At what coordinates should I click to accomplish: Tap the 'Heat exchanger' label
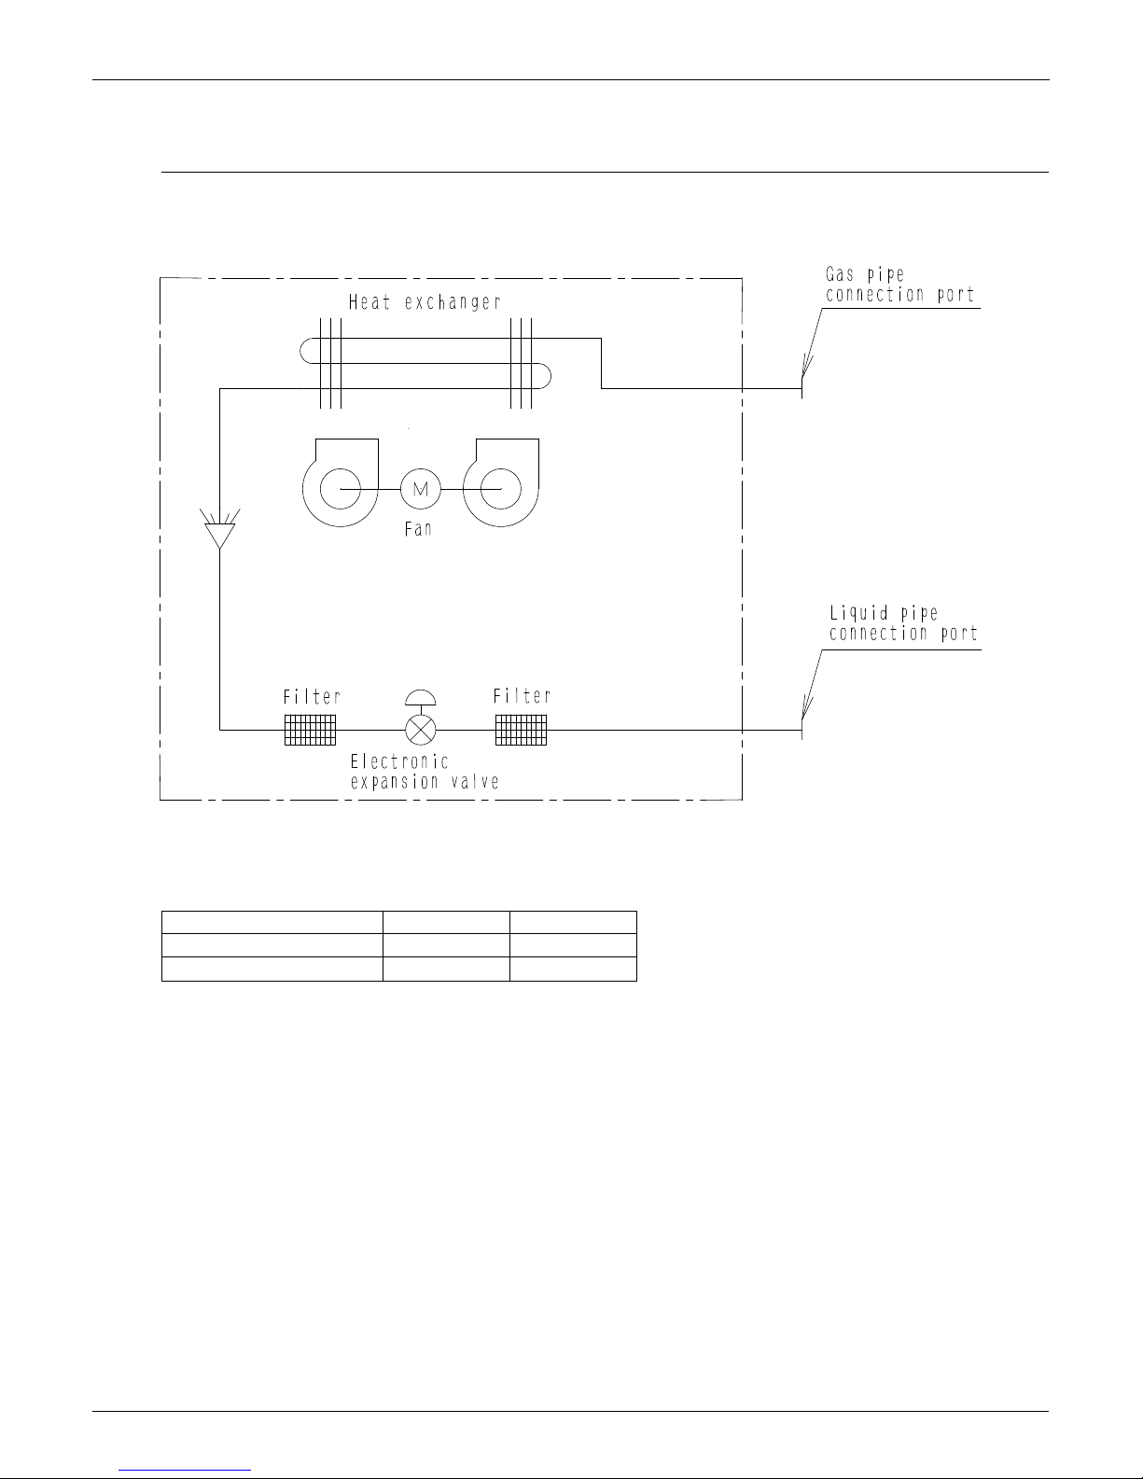coord(425,302)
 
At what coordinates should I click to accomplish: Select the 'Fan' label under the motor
coord(418,529)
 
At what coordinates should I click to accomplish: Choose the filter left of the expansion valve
coord(310,730)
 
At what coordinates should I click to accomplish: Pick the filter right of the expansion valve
coord(522,730)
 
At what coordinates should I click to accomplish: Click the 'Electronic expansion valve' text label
coord(425,771)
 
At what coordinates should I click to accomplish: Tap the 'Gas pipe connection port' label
coord(899,285)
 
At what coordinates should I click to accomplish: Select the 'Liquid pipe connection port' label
coord(903,623)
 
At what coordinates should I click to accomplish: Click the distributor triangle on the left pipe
coord(220,536)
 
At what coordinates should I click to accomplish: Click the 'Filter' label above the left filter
coord(312,696)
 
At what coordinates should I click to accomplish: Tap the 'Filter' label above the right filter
coord(522,695)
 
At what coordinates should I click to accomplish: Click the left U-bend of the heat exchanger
coord(300,351)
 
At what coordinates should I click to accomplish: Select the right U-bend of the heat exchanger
coord(550,376)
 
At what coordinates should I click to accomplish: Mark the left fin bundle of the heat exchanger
coord(330,364)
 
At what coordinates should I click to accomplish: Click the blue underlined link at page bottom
coord(185,1470)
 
